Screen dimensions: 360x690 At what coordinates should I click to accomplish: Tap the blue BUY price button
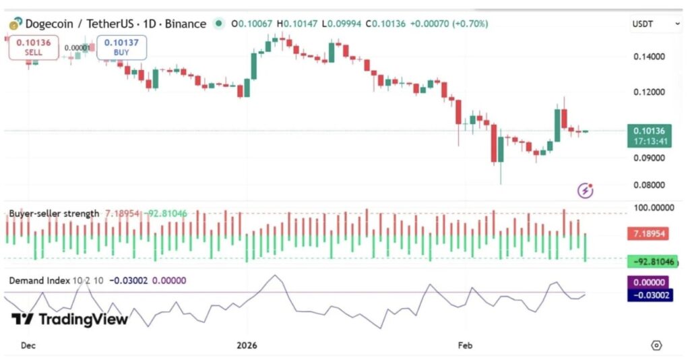pyautogui.click(x=121, y=47)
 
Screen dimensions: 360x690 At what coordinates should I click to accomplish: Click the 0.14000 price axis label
pyautogui.click(x=651, y=57)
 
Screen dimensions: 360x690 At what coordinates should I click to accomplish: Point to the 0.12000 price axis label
pyautogui.click(x=651, y=92)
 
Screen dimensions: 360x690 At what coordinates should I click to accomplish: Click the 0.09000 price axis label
pyautogui.click(x=651, y=158)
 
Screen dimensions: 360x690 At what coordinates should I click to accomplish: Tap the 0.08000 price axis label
pyautogui.click(x=651, y=185)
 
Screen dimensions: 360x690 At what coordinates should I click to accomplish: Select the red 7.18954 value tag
pyautogui.click(x=650, y=234)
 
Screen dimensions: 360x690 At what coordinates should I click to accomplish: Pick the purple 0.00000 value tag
pyautogui.click(x=650, y=283)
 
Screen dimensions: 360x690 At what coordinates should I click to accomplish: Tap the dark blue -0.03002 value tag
pyautogui.click(x=650, y=295)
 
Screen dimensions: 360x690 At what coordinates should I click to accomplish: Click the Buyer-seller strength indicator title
pyautogui.click(x=54, y=214)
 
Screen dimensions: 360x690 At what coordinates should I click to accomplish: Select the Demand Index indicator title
pyautogui.click(x=39, y=280)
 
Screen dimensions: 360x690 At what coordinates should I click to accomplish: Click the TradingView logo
pyautogui.click(x=69, y=320)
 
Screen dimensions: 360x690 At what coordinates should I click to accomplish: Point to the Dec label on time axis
pyautogui.click(x=28, y=345)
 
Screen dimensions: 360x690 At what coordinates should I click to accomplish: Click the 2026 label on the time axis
pyautogui.click(x=247, y=345)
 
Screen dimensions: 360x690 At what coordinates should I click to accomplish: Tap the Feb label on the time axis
pyautogui.click(x=465, y=345)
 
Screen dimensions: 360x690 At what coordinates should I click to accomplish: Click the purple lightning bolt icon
pyautogui.click(x=586, y=191)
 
